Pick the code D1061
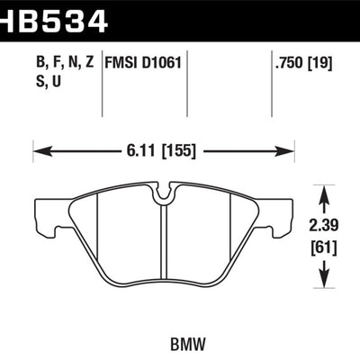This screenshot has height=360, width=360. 163,63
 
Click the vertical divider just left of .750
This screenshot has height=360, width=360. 271,85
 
